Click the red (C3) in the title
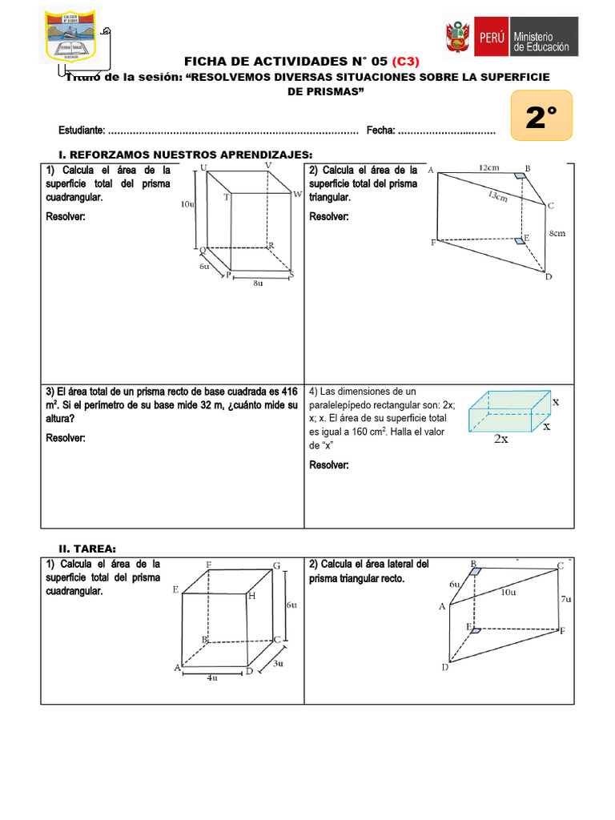point(405,62)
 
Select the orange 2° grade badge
point(541,119)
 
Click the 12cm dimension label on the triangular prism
point(490,167)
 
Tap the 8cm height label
point(557,234)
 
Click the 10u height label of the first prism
point(187,204)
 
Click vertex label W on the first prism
point(297,195)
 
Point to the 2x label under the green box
point(500,439)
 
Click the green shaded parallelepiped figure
point(508,410)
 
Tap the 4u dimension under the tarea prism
point(211,677)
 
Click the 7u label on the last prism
point(565,599)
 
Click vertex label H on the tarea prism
point(251,597)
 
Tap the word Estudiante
point(81,131)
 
